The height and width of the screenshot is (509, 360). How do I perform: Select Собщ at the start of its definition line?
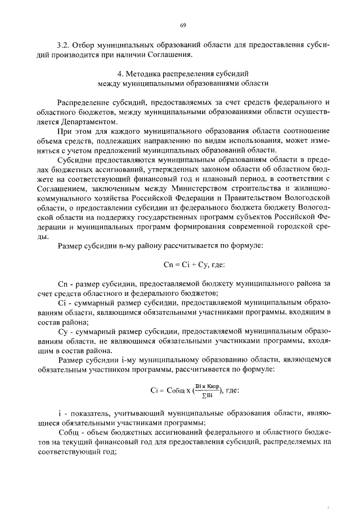[x=69, y=432]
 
